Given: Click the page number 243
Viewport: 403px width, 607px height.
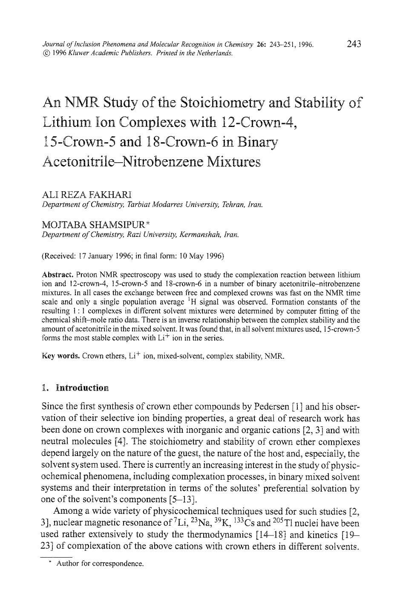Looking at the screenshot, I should click(354, 43).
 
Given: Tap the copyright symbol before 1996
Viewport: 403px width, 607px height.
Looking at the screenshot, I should click(46, 53).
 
